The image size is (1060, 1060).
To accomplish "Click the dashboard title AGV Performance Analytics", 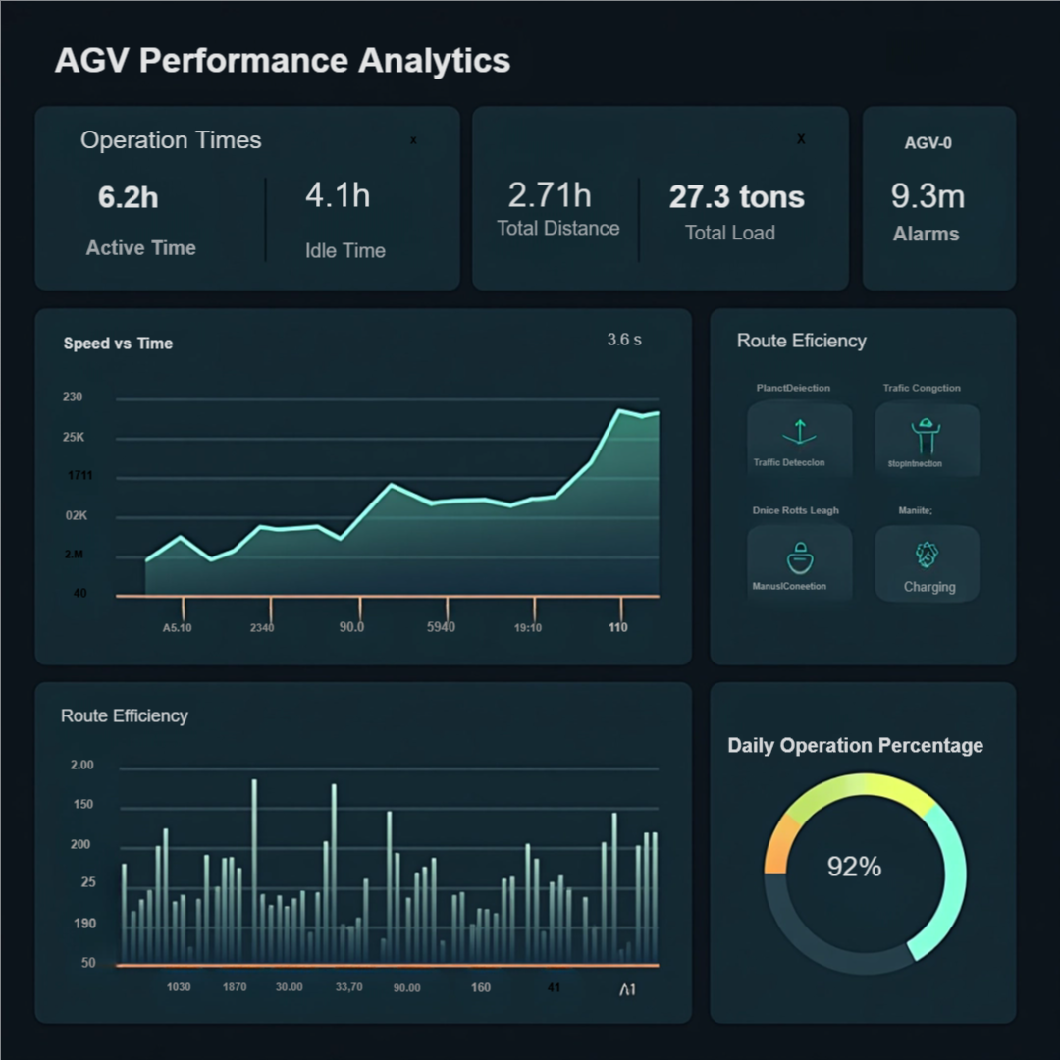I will pyautogui.click(x=283, y=61).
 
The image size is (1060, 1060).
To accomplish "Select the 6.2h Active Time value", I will pyautogui.click(x=129, y=197).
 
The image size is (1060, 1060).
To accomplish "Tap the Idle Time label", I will pyautogui.click(x=345, y=250).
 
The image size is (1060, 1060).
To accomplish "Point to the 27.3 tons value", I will pyautogui.click(x=737, y=197).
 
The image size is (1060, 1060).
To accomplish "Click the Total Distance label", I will pyautogui.click(x=558, y=229).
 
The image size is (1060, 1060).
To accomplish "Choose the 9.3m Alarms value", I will pyautogui.click(x=927, y=196).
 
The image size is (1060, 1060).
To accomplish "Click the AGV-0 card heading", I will pyautogui.click(x=927, y=143).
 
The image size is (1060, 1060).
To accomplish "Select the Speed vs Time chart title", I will pyautogui.click(x=118, y=344).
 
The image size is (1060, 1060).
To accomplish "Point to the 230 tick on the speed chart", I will pyautogui.click(x=73, y=397).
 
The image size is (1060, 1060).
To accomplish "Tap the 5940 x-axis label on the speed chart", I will pyautogui.click(x=441, y=627).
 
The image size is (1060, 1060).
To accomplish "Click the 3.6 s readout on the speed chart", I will pyautogui.click(x=624, y=340).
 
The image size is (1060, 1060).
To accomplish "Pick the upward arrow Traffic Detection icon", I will pyautogui.click(x=799, y=432).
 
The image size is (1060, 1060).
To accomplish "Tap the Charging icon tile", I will pyautogui.click(x=927, y=561).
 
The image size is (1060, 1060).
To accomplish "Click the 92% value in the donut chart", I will pyautogui.click(x=854, y=867).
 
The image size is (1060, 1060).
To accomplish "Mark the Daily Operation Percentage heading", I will pyautogui.click(x=855, y=746).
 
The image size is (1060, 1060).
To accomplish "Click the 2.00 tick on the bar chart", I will pyautogui.click(x=82, y=765).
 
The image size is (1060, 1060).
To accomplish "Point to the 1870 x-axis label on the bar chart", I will pyautogui.click(x=235, y=987).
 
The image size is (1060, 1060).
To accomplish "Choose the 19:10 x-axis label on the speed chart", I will pyautogui.click(x=527, y=628).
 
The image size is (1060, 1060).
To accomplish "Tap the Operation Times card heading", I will pyautogui.click(x=171, y=140).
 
